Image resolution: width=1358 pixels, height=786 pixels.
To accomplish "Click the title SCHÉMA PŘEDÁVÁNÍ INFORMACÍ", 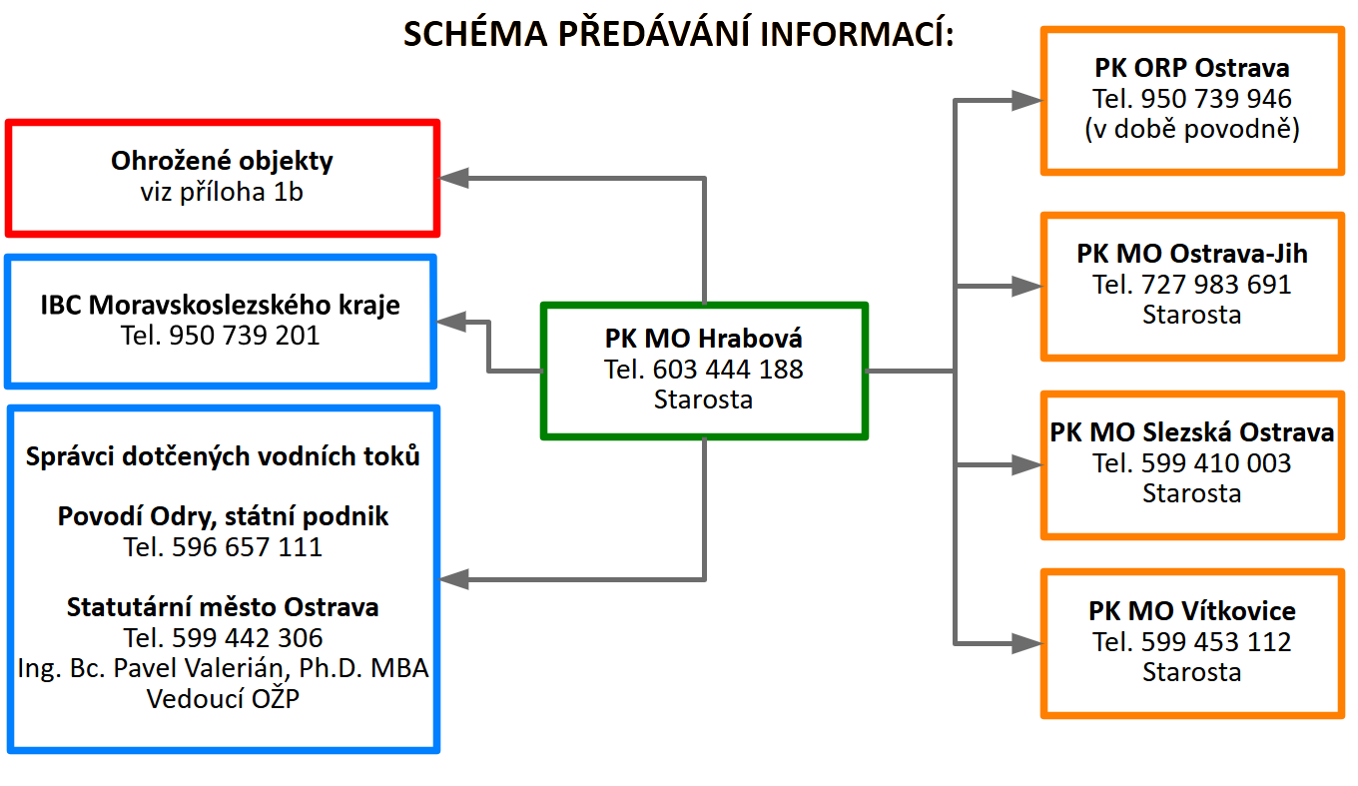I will click(x=679, y=34).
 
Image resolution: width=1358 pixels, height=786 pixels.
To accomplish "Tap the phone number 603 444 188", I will click(x=728, y=370).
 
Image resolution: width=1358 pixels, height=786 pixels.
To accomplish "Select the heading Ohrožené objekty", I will click(x=222, y=161).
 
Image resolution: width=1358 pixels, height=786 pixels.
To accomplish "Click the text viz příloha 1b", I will click(x=222, y=192).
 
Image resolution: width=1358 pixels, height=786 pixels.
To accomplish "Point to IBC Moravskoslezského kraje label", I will click(x=221, y=305).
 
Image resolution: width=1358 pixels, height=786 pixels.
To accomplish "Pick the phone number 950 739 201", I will click(x=245, y=336).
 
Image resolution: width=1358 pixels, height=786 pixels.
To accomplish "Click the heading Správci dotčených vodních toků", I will click(x=223, y=456).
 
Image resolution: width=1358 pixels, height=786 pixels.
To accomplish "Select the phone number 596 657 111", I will click(x=247, y=547).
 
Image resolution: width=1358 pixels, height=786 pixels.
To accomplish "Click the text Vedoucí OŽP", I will click(x=223, y=698).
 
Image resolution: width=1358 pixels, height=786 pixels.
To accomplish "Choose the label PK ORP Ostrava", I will click(x=1192, y=68).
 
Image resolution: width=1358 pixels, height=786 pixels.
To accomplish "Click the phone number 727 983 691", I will click(x=1216, y=285).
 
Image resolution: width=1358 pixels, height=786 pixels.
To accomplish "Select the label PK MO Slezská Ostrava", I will click(x=1192, y=432).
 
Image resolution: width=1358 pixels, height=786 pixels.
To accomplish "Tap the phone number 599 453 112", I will click(x=1216, y=642).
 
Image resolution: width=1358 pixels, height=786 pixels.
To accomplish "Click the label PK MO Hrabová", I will click(x=704, y=339).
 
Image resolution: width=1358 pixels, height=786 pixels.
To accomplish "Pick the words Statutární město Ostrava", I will click(x=223, y=607).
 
